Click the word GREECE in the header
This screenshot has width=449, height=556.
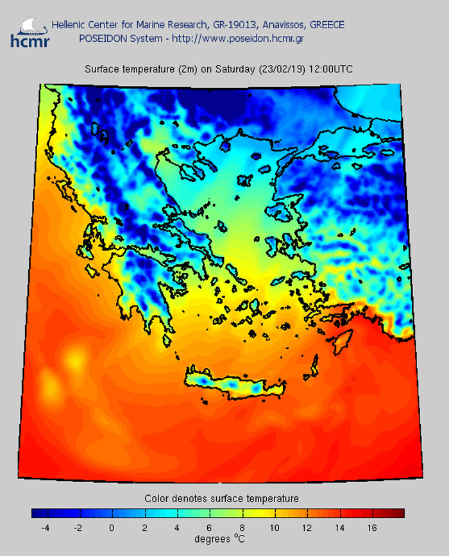326,25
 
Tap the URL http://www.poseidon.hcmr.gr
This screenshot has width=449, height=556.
244,38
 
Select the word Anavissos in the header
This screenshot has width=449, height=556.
280,25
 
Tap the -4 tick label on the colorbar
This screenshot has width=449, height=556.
46,528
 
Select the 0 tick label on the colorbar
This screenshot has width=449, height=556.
112,528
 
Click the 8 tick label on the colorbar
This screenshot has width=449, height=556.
242,528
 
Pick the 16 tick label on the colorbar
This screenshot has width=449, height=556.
373,528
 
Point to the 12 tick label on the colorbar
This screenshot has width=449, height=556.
307,528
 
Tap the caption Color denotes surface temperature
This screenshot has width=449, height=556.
221,498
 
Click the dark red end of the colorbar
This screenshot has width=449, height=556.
397,513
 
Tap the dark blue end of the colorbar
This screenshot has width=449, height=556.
38,513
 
